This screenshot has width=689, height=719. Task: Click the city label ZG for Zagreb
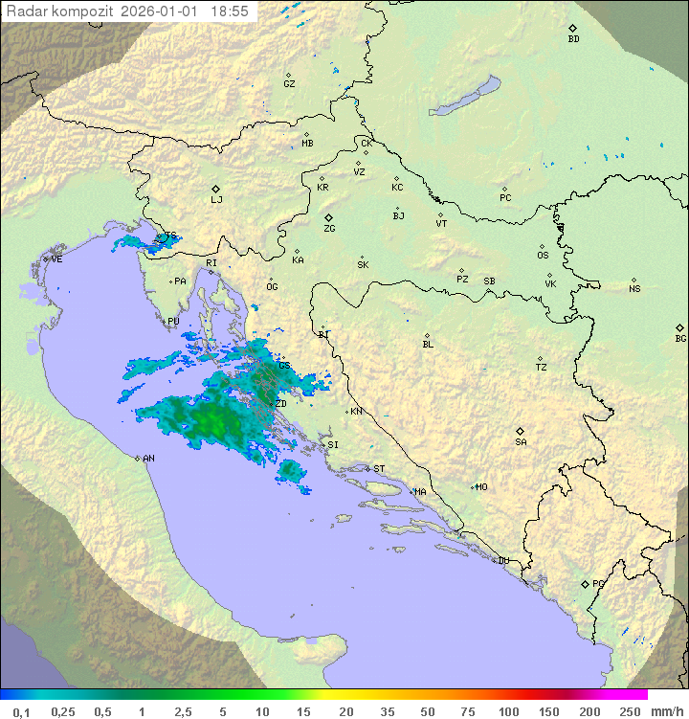pyautogui.click(x=329, y=229)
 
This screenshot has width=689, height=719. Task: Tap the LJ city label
pyautogui.click(x=216, y=199)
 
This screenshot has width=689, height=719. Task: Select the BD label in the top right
pyautogui.click(x=573, y=39)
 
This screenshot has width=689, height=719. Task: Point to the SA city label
pyautogui.click(x=521, y=441)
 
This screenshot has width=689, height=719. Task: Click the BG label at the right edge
pyautogui.click(x=680, y=338)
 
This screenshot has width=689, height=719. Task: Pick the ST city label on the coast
pyautogui.click(x=379, y=468)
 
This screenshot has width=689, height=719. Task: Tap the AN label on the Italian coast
pyautogui.click(x=148, y=459)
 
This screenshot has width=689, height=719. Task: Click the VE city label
pyautogui.click(x=56, y=259)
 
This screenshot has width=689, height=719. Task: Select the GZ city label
pyautogui.click(x=289, y=84)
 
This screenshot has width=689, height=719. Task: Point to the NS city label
pyautogui.click(x=634, y=289)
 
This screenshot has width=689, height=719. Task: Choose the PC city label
pyautogui.click(x=505, y=198)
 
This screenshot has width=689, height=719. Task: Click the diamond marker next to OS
pyautogui.click(x=544, y=244)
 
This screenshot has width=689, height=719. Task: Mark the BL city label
pyautogui.click(x=428, y=344)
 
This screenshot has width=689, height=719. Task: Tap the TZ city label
pyautogui.click(x=542, y=367)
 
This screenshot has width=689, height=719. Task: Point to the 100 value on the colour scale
pyautogui.click(x=508, y=711)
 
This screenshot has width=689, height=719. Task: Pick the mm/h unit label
pyautogui.click(x=665, y=711)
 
